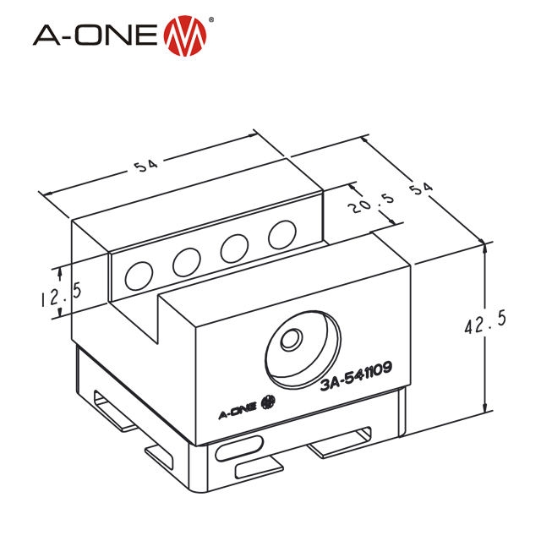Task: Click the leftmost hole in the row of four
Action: point(137,274)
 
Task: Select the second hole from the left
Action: point(186,263)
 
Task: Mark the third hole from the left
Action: point(233,248)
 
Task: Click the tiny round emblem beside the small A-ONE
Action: point(270,401)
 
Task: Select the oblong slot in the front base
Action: point(241,447)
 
